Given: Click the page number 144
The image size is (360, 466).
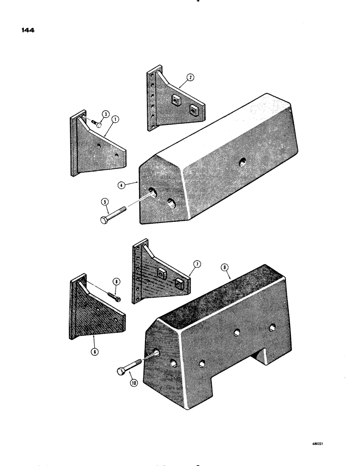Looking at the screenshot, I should pos(28,31).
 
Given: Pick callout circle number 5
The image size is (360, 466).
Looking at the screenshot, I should pos(104,202).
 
